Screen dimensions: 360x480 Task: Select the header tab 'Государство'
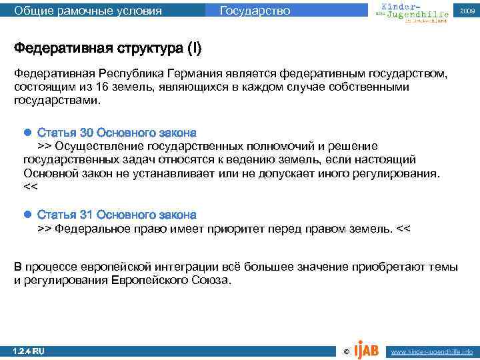pyautogui.click(x=255, y=11)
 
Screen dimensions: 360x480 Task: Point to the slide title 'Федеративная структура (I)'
pyautogui.click(x=107, y=49)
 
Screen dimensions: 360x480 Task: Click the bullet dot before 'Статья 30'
pyautogui.click(x=28, y=131)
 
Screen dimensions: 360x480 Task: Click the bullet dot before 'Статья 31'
pyautogui.click(x=28, y=215)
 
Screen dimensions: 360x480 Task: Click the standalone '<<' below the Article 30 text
pyautogui.click(x=31, y=187)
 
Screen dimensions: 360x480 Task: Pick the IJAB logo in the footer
pyautogui.click(x=367, y=348)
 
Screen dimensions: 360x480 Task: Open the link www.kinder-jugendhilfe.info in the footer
pyautogui.click(x=431, y=351)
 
